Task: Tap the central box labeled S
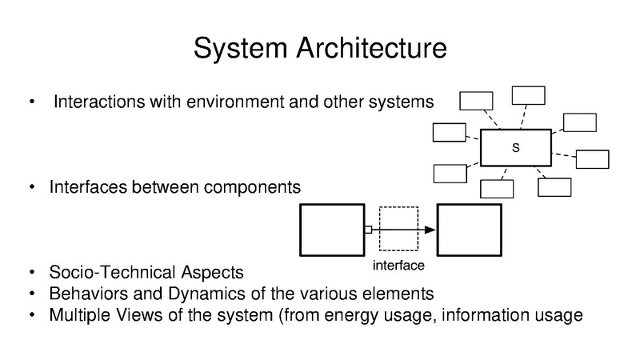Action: [x=515, y=147]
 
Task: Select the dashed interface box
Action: [x=398, y=230]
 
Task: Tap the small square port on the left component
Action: [x=367, y=230]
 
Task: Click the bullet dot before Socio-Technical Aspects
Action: [x=31, y=272]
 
